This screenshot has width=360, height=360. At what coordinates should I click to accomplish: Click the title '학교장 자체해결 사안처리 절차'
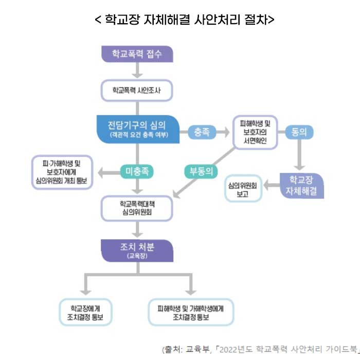pos(184,20)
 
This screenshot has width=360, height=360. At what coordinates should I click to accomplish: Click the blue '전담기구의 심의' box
pos(137,129)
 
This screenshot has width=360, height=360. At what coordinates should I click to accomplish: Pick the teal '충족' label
pos(202,132)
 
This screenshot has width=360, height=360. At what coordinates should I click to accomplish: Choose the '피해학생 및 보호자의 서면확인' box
pos(255,132)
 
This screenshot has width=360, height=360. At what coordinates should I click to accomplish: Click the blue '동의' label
pos(299,132)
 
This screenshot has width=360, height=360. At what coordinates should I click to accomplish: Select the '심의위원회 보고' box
pos(242,188)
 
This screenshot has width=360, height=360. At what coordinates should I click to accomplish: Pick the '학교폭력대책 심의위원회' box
pos(137,207)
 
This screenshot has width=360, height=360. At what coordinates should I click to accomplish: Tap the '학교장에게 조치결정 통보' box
pos(85,312)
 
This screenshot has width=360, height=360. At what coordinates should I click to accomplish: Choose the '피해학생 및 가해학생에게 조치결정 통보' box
pos(191,312)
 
